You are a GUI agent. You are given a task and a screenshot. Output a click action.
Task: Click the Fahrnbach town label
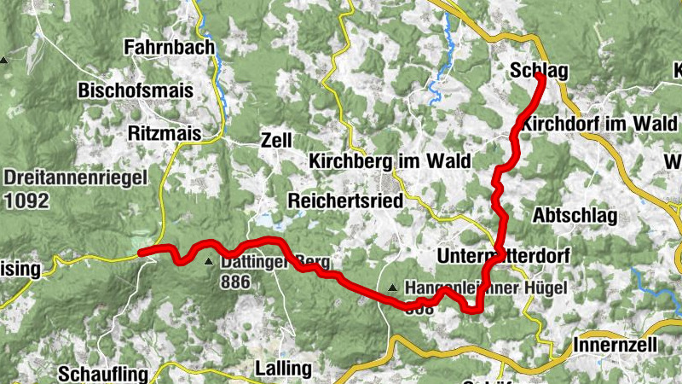coord(169,48)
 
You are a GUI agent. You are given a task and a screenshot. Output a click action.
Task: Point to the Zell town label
coord(277,140)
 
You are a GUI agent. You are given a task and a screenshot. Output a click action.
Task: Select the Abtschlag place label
coord(575,215)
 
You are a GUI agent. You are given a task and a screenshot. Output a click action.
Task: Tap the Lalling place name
coord(283,369)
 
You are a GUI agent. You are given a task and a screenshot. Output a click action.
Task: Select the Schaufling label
coord(103,374)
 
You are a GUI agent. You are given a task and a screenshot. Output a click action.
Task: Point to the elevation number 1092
coord(26,201)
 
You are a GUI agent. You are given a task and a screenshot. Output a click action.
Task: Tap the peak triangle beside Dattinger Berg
coord(210,262)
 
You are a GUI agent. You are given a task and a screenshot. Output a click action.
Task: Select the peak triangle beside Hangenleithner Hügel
coord(392,288)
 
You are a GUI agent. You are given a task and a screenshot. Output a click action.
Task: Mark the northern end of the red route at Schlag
coord(540,78)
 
